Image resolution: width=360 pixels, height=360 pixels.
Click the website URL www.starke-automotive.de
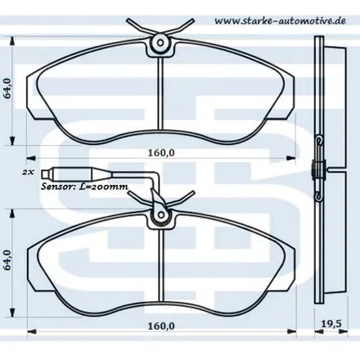pos(280,20)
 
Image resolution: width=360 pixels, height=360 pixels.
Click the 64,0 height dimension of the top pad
pos(7,88)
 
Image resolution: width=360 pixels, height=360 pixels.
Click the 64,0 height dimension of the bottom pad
pos(7,259)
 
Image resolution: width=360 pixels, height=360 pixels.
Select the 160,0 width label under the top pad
pos(161,153)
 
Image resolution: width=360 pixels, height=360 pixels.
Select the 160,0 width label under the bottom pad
pos(161,326)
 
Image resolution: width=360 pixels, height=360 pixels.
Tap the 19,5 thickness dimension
pos(331,324)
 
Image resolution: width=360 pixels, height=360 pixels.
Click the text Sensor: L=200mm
pos(84,187)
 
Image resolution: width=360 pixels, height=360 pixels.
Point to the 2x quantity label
pos(28,173)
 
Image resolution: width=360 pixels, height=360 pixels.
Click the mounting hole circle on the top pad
pos(160,43)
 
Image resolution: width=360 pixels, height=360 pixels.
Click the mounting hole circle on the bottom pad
pos(161,215)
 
